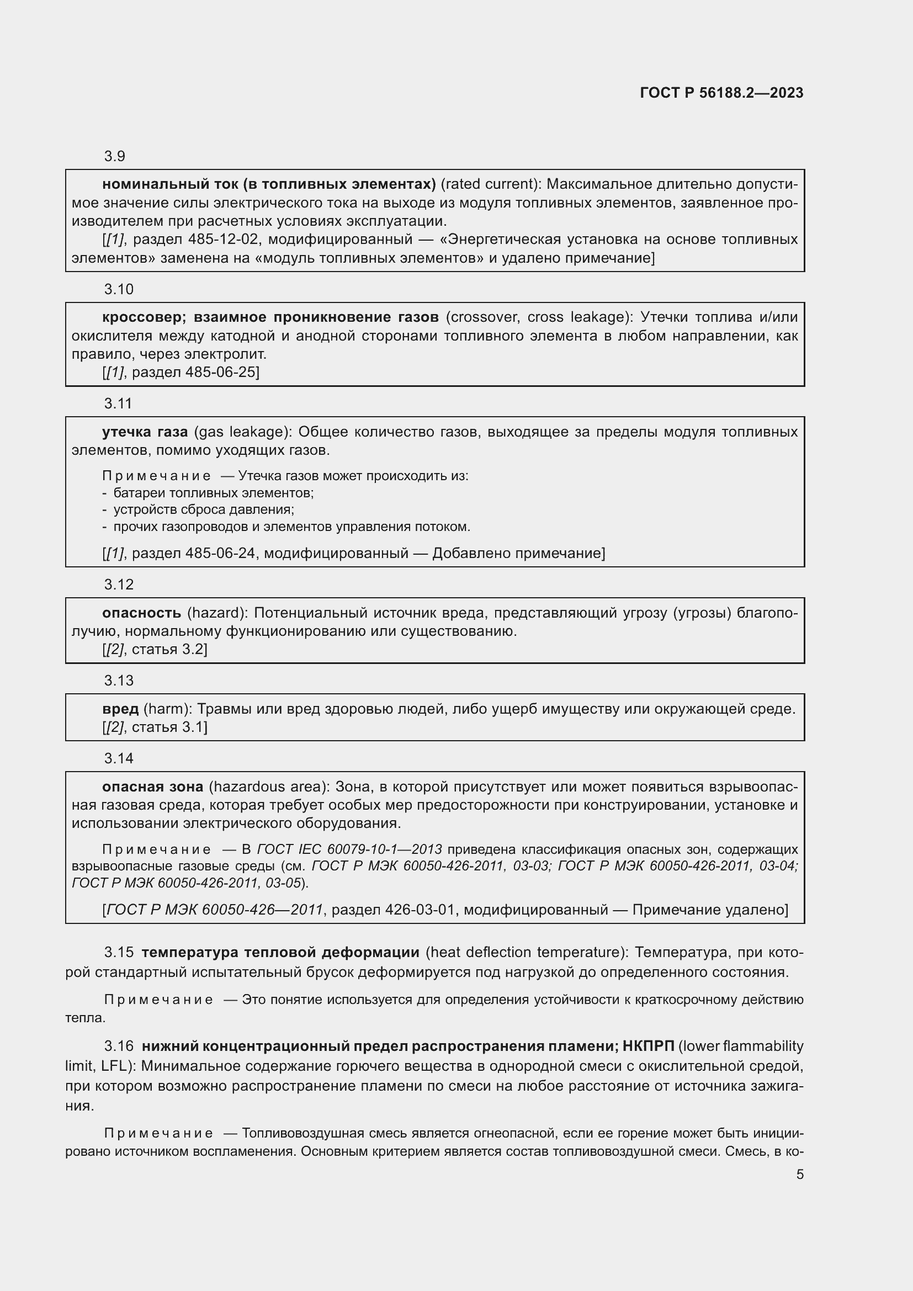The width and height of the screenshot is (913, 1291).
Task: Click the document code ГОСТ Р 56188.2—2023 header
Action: [x=721, y=93]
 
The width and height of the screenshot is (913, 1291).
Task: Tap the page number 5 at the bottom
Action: [x=799, y=1174]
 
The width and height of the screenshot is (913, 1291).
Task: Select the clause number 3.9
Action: [x=115, y=156]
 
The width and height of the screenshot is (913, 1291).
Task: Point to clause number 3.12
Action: [x=119, y=585]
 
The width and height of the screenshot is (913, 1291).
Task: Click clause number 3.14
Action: [x=119, y=758]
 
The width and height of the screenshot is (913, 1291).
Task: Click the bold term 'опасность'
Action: [x=142, y=613]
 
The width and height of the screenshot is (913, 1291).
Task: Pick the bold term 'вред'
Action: [x=120, y=709]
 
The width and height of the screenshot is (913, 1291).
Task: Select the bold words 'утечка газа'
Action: [x=145, y=432]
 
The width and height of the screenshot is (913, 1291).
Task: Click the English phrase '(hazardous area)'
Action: [x=269, y=787]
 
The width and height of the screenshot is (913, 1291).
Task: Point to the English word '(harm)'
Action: [x=168, y=709]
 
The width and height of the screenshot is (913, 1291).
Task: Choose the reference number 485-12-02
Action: [x=224, y=240]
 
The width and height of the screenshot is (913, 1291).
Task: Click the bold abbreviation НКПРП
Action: [x=648, y=1046]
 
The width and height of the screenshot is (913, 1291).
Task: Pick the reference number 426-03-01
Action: [x=420, y=910]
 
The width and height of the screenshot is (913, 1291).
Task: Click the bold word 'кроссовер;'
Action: [x=144, y=317]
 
